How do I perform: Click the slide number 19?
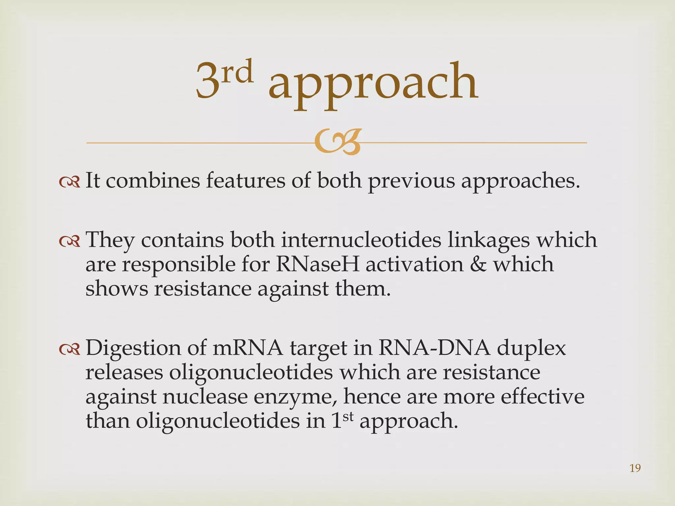pos(635,468)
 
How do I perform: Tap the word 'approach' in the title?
pos(373,82)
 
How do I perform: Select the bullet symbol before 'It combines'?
pos(70,182)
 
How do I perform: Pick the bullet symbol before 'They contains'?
pos(70,241)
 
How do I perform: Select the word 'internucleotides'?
pos(361,240)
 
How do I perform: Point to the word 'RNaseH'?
pos(317,264)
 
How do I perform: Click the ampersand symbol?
pos(478,264)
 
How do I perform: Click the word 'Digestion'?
pos(133,349)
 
